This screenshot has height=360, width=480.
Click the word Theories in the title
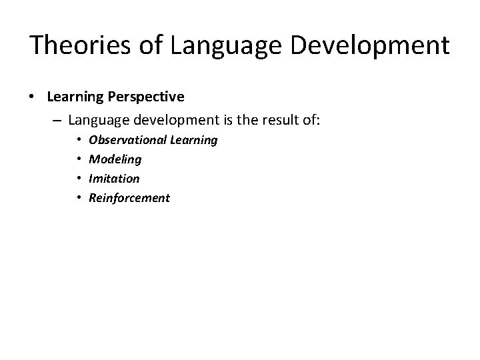tap(74, 45)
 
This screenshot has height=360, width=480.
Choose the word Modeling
tap(115, 159)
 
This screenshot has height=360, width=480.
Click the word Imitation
tap(114, 179)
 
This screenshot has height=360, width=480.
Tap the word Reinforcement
tap(129, 198)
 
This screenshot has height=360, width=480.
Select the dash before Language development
tap(56, 121)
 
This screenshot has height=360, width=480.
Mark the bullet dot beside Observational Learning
tap(78, 140)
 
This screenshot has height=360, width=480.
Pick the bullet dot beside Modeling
tap(78, 159)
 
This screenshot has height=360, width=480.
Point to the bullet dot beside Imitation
tap(78, 179)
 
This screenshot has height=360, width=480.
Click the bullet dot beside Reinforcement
tap(78, 198)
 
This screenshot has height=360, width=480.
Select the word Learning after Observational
tap(194, 140)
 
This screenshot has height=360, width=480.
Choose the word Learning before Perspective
tap(75, 97)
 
